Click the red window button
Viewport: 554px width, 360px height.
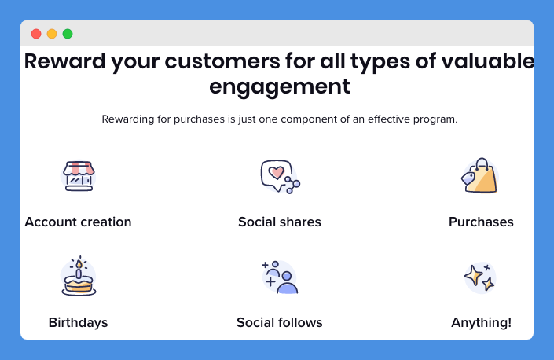click(36, 34)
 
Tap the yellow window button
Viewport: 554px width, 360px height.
click(52, 34)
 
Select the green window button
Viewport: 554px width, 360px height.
click(68, 34)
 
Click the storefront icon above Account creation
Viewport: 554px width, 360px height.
click(79, 176)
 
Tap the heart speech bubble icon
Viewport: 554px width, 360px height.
click(281, 176)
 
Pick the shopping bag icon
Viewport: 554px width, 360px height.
click(480, 175)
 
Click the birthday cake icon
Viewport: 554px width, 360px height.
click(79, 276)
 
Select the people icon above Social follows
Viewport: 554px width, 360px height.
click(280, 277)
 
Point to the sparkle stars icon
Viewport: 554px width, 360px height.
click(480, 277)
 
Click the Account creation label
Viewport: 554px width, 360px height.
click(78, 222)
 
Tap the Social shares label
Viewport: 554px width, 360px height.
click(280, 222)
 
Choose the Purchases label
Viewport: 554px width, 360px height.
click(481, 222)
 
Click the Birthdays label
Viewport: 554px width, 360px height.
click(78, 322)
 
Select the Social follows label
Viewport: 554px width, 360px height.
click(280, 322)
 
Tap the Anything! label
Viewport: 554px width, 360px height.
click(481, 322)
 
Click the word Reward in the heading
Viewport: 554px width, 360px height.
click(64, 61)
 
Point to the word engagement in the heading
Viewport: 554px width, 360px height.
click(280, 86)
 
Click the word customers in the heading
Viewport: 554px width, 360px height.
click(222, 61)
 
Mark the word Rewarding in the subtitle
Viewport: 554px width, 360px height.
click(128, 119)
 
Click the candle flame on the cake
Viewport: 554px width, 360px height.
click(79, 264)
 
